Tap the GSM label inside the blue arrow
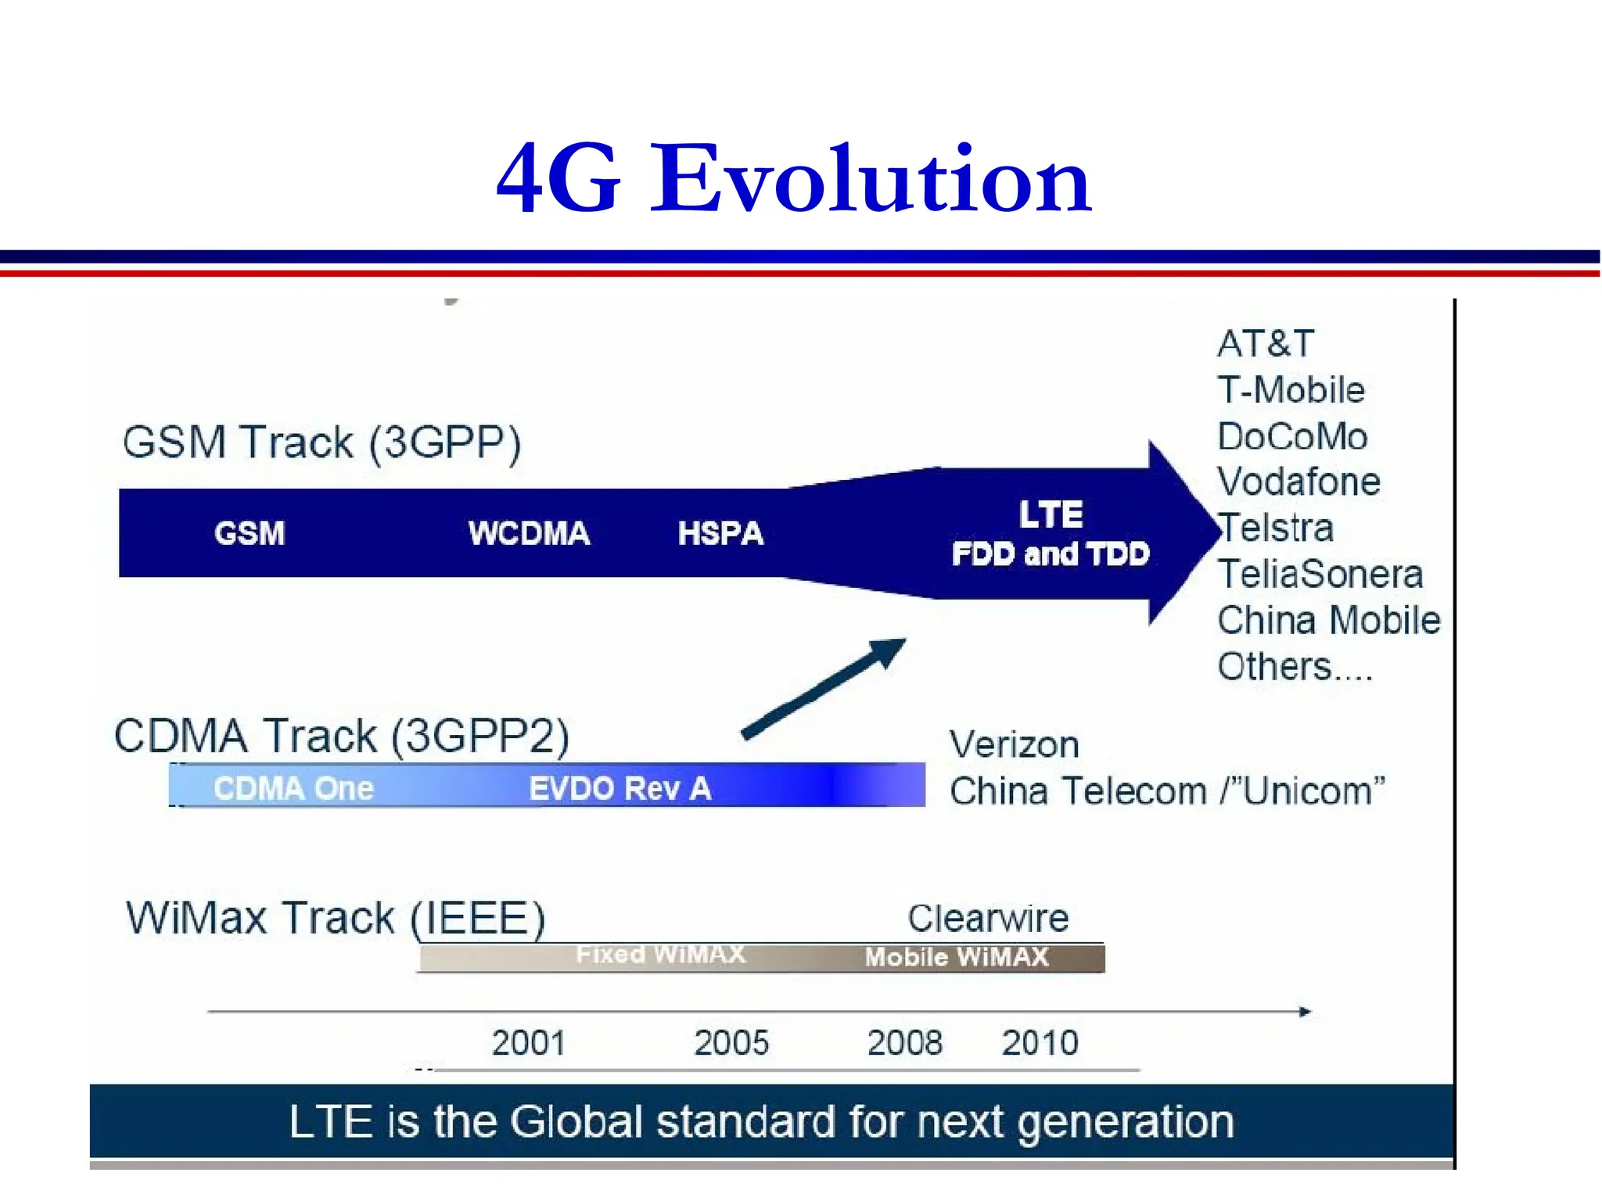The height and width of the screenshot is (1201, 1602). (x=250, y=533)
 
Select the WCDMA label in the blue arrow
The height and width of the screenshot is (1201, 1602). (x=529, y=533)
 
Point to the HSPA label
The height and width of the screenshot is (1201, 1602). (x=720, y=533)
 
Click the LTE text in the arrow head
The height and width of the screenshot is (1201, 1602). (x=1051, y=514)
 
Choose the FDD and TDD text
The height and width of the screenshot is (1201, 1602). (x=1051, y=554)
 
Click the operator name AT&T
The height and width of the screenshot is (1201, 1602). (x=1266, y=344)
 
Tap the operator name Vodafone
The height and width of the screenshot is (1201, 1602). (x=1298, y=482)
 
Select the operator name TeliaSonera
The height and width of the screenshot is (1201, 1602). (x=1320, y=575)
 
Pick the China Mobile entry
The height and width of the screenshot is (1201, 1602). (x=1328, y=621)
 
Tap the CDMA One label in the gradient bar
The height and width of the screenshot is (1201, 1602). (x=293, y=788)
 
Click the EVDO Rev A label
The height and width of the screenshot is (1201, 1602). (x=620, y=788)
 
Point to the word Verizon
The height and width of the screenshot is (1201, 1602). (x=1014, y=744)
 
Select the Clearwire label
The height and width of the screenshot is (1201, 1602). (x=988, y=918)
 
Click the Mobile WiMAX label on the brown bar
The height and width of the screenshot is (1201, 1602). (x=956, y=957)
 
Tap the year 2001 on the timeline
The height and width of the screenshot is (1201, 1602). (x=528, y=1043)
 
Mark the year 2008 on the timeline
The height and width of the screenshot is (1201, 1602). (x=905, y=1043)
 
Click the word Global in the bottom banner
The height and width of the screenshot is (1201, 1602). (x=576, y=1122)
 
